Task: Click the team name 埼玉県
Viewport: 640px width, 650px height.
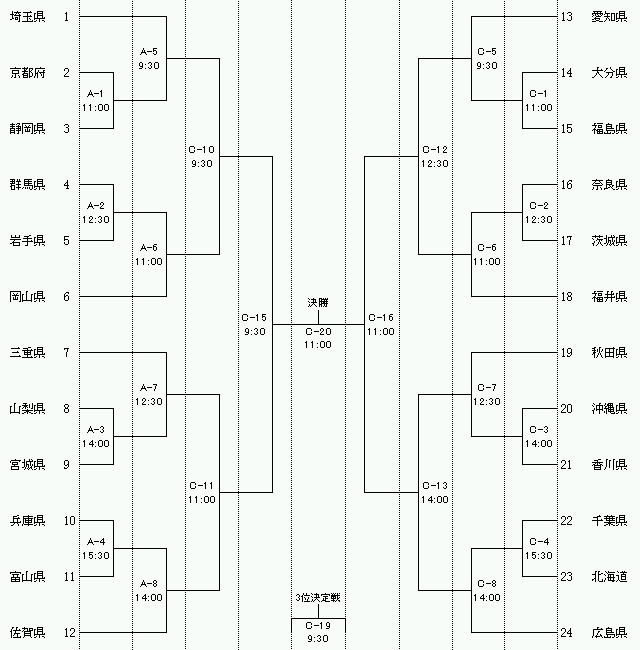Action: tap(27, 17)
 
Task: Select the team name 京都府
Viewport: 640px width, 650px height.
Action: tap(27, 73)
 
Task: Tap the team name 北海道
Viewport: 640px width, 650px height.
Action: tap(609, 577)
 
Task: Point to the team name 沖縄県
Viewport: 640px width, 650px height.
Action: tap(609, 409)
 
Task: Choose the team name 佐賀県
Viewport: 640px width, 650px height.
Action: tap(27, 633)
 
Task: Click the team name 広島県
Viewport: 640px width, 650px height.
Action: tap(609, 633)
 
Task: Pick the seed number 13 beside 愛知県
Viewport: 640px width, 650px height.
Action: tap(566, 17)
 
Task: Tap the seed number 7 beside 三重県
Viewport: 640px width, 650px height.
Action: tap(66, 353)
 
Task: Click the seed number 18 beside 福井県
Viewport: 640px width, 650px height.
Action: tap(566, 297)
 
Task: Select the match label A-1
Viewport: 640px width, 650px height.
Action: tap(95, 94)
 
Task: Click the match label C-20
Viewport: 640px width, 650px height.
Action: tap(318, 332)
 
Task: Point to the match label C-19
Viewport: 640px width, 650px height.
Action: tap(318, 626)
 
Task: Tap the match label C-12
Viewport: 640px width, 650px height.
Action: tap(435, 150)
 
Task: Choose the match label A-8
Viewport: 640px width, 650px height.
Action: tap(148, 584)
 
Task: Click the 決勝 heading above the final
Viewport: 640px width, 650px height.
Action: tap(318, 303)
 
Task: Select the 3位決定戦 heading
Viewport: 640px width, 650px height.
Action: tap(318, 597)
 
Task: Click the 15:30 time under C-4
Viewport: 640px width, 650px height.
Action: tap(538, 555)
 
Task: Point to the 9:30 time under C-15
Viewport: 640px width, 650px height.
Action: tap(255, 332)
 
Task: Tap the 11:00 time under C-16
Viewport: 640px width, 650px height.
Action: tap(381, 332)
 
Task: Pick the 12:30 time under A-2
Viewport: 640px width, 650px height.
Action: tap(96, 220)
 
